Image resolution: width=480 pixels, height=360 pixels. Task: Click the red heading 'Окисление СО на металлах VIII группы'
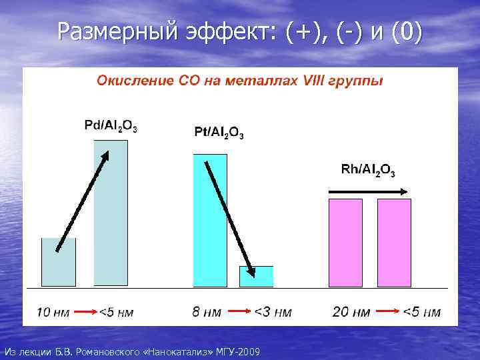pyautogui.click(x=240, y=81)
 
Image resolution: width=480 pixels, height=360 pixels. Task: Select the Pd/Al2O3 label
pyautogui.click(x=111, y=125)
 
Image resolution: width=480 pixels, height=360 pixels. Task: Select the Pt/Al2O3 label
pyautogui.click(x=218, y=132)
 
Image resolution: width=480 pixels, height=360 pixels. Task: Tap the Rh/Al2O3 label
pyautogui.click(x=368, y=170)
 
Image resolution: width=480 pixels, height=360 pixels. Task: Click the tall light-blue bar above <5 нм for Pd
pyautogui.click(x=111, y=213)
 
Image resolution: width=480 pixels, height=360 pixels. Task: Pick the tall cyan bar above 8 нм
pyautogui.click(x=210, y=220)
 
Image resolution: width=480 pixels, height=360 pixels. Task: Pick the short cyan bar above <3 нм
pyautogui.click(x=257, y=277)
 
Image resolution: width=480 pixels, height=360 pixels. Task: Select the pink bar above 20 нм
pyautogui.click(x=347, y=243)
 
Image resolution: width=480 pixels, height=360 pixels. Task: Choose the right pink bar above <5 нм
pyautogui.click(x=395, y=243)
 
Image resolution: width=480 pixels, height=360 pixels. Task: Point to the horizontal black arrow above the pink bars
pyautogui.click(x=369, y=192)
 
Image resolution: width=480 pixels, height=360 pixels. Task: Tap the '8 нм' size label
pyautogui.click(x=207, y=312)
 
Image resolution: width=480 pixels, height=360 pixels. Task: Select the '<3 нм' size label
pyautogui.click(x=273, y=312)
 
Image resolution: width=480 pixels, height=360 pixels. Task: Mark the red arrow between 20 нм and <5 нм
pyautogui.click(x=386, y=311)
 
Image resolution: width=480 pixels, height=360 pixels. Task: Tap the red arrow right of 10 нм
pyautogui.click(x=83, y=311)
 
